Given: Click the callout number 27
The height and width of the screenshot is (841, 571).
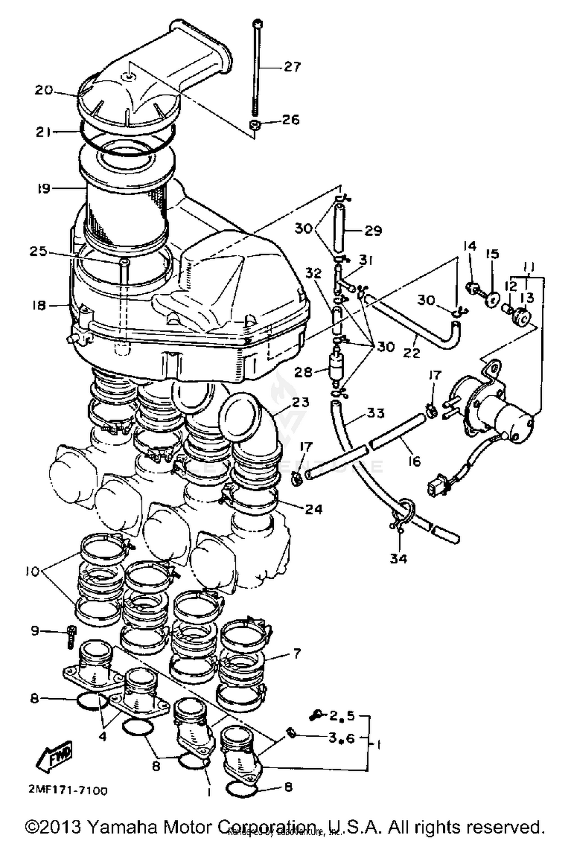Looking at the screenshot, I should coord(292,67).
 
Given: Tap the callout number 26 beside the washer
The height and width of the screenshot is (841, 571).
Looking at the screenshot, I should coord(290,120).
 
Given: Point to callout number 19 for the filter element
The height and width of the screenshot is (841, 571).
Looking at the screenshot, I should coord(44,188).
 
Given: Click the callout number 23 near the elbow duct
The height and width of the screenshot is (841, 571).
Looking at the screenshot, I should coord(299,402).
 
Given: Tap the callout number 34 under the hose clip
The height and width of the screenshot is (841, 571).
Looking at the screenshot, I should coord(398,559).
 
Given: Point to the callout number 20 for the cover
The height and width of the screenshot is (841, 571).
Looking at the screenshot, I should coord(45,91).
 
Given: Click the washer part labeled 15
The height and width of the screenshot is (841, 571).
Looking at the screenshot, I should coord(493,299).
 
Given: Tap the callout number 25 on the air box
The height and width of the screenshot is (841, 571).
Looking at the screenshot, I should coord(38,252).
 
